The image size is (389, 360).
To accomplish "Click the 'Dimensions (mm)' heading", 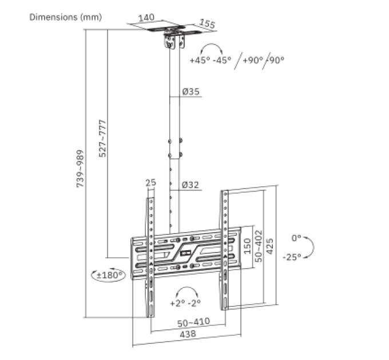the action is (x=65, y=17).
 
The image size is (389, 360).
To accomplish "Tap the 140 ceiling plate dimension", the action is (x=146, y=18).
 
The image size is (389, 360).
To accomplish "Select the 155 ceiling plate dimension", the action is (x=207, y=24).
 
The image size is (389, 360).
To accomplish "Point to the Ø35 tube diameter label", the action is (x=190, y=91).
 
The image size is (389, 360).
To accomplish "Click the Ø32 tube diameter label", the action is (x=190, y=185).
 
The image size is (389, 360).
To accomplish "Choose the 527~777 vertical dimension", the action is (x=102, y=138).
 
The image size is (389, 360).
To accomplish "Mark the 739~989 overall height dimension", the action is (x=80, y=169).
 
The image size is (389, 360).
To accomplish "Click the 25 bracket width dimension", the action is (x=150, y=183).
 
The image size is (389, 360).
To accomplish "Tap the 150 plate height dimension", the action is (x=247, y=246).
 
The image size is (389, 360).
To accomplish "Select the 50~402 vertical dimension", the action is (x=259, y=246).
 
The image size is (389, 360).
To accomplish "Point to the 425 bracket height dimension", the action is (x=269, y=246).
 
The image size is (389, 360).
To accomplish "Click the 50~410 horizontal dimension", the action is (x=193, y=322).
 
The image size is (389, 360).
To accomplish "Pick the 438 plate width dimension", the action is (x=188, y=334).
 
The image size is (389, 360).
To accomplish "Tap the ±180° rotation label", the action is (x=110, y=275).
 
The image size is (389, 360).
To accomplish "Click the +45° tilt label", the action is (x=200, y=60).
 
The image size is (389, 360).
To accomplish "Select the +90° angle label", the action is (x=252, y=60).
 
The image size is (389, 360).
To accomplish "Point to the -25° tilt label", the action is (x=292, y=257).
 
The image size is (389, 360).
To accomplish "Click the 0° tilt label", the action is (x=296, y=238).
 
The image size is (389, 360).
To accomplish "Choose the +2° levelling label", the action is (x=178, y=303).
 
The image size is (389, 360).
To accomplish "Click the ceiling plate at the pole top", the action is (x=172, y=30).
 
